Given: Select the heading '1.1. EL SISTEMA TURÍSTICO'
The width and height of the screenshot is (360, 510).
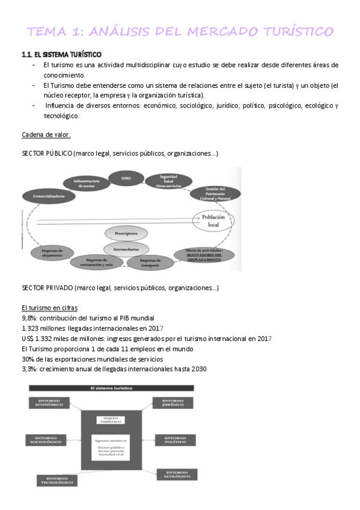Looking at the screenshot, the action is point(61,55).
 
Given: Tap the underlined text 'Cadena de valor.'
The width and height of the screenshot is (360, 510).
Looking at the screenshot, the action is point(46,134).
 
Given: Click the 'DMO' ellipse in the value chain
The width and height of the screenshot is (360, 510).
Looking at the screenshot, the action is point(126,178).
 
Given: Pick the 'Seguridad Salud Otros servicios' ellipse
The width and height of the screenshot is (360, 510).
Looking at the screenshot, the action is point(168,181).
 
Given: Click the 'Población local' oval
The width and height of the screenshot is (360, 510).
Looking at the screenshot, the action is point(213,220).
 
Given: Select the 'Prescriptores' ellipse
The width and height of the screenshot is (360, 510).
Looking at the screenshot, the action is point(126,233).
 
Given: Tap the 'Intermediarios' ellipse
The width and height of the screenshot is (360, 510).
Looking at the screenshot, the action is point(126,247).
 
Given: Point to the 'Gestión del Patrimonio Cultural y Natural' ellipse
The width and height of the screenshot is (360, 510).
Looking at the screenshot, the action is point(215,194).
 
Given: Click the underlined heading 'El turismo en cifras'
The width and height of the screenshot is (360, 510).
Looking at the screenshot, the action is point(46,307).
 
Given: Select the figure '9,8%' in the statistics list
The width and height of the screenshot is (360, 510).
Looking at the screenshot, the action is point(28,318).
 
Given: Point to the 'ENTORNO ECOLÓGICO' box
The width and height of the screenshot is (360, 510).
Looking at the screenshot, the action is point(177,474).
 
